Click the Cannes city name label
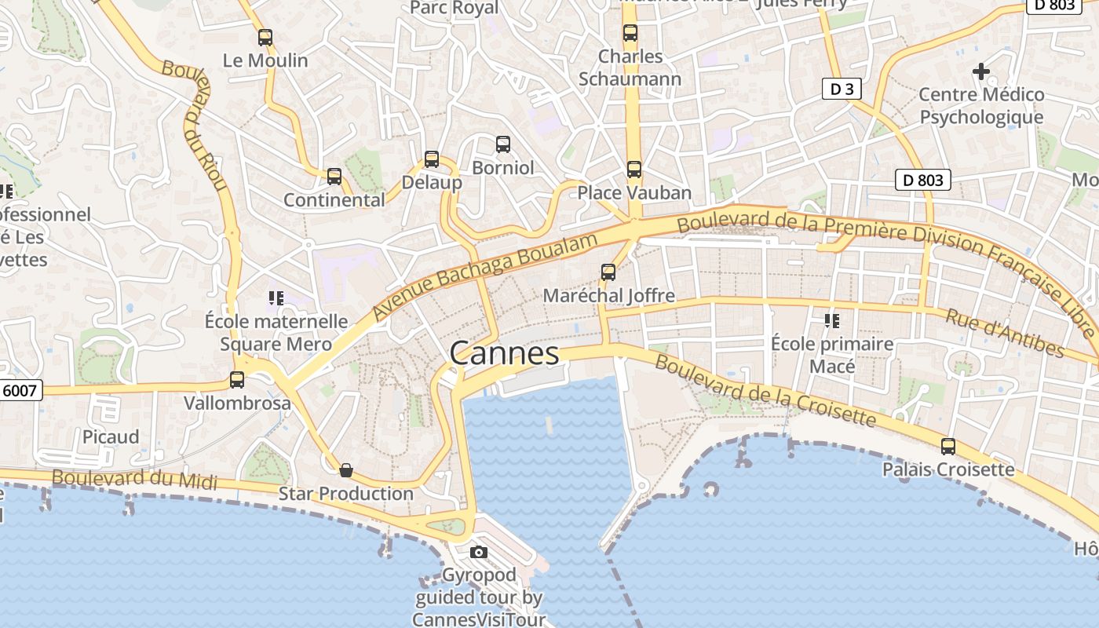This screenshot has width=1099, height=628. (x=504, y=354)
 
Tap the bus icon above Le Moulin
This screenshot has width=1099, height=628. (x=265, y=37)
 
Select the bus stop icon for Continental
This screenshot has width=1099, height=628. (x=334, y=177)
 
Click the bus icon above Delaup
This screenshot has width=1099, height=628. (x=432, y=159)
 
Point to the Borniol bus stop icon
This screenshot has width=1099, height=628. (x=503, y=144)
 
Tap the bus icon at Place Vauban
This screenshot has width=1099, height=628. (x=634, y=170)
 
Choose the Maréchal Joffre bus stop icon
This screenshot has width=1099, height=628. (x=608, y=272)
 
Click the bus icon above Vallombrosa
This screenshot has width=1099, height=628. (x=237, y=380)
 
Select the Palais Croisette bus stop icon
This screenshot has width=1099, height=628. (x=948, y=447)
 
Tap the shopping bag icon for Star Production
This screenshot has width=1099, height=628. (x=346, y=470)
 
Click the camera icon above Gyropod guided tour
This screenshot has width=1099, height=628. (x=479, y=553)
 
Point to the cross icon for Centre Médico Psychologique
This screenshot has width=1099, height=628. (x=981, y=71)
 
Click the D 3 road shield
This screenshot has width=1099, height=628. (x=842, y=89)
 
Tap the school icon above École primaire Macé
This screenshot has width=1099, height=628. (x=832, y=320)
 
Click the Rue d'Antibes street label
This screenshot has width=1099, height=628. (x=1004, y=333)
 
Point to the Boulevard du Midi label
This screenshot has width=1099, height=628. (x=134, y=479)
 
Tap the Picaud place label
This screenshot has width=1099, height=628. (x=111, y=436)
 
